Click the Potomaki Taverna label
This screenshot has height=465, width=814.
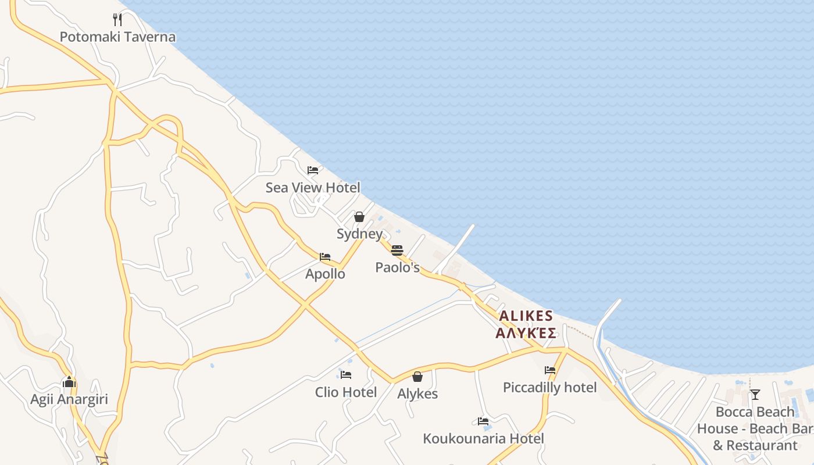[117, 37]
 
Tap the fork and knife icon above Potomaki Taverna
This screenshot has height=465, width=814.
[117, 20]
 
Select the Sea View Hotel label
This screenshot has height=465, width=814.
[313, 188]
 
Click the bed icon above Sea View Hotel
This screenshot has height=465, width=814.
[313, 170]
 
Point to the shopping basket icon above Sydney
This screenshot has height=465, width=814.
[359, 217]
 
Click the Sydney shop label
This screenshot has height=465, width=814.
[359, 234]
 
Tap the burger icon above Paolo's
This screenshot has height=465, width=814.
[397, 251]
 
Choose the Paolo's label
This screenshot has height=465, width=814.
[397, 267]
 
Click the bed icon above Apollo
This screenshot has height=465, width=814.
[325, 257]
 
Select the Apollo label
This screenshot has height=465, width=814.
[325, 274]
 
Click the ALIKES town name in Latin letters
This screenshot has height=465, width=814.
[526, 316]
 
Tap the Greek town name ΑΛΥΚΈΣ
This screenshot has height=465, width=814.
[526, 333]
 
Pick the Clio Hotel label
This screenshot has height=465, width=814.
[346, 392]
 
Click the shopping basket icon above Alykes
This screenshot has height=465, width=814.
[417, 377]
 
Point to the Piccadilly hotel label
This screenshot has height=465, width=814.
[550, 388]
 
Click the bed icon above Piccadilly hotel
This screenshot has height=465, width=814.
[550, 370]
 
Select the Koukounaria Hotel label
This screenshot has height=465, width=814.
[484, 438]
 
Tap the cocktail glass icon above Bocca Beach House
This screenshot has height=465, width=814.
[755, 395]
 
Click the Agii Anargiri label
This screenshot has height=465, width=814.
[69, 400]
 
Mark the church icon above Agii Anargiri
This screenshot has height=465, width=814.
[69, 382]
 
